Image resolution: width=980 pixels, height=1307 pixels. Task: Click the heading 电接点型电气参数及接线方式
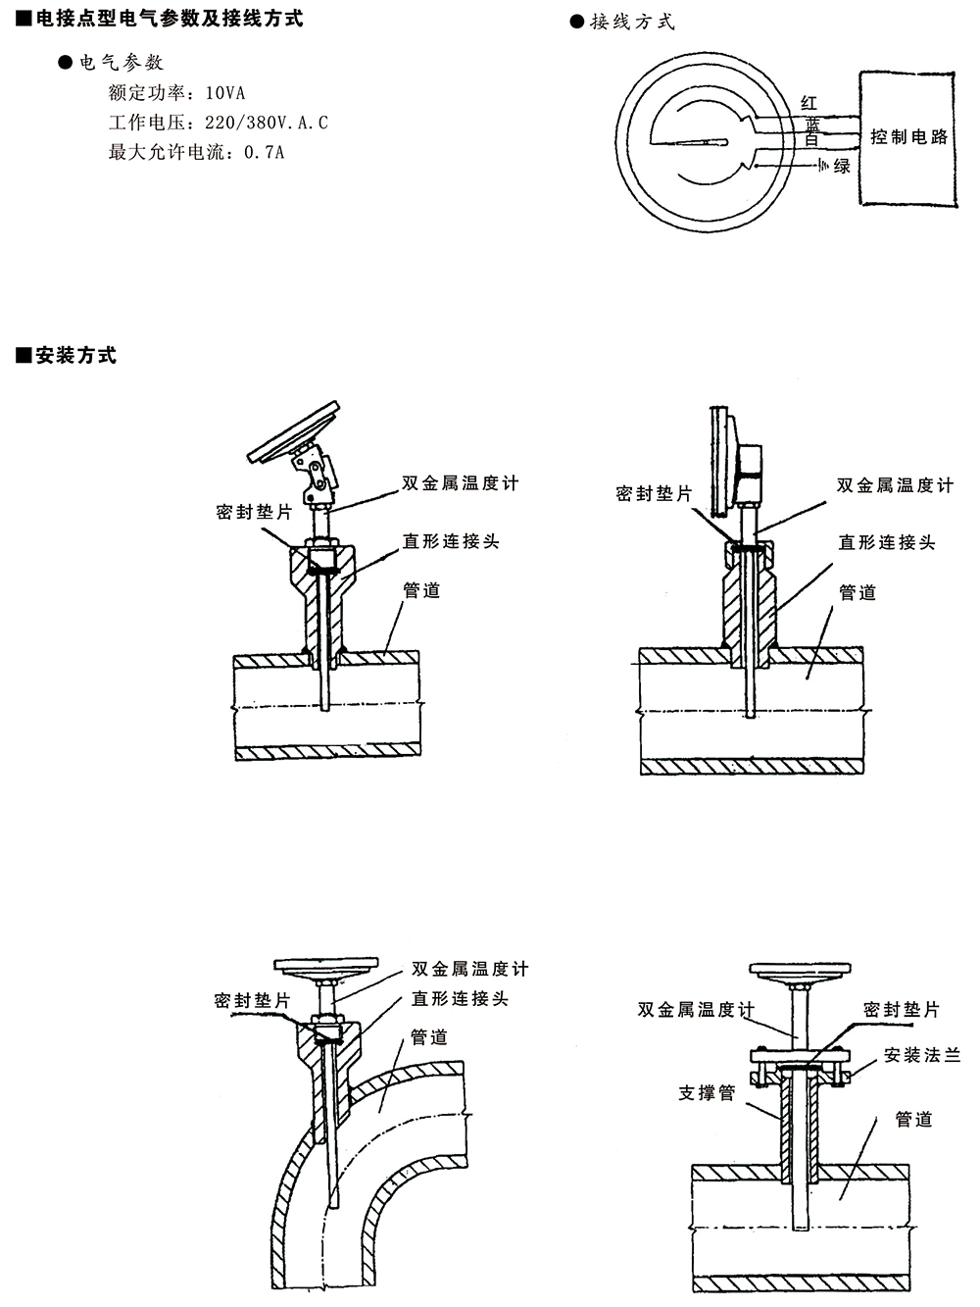pyautogui.click(x=168, y=18)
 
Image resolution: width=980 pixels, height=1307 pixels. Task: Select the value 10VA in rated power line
pyautogui.click(x=224, y=93)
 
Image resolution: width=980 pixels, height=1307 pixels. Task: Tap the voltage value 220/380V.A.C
pyautogui.click(x=266, y=123)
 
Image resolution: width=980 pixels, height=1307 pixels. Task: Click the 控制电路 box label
pyautogui.click(x=909, y=137)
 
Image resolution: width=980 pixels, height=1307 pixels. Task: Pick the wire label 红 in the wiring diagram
pyautogui.click(x=808, y=102)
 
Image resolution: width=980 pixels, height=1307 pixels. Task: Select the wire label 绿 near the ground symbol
pyautogui.click(x=842, y=167)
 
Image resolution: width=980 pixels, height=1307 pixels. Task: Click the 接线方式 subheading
pyautogui.click(x=631, y=22)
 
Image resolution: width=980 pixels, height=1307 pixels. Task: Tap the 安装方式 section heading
pyautogui.click(x=75, y=356)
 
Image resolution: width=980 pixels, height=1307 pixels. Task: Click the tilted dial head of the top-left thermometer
pyautogui.click(x=294, y=431)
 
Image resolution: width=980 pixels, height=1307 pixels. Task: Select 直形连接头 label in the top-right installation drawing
pyautogui.click(x=886, y=542)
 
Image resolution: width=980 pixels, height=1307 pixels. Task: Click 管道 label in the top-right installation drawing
pyautogui.click(x=857, y=592)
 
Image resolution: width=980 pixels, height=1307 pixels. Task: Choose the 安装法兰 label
pyautogui.click(x=921, y=1056)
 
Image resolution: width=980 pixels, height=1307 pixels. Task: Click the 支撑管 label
pyautogui.click(x=707, y=1092)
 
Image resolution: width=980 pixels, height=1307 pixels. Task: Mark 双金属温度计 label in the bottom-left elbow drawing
pyautogui.click(x=469, y=969)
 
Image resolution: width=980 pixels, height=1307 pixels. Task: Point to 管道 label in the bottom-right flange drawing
pyautogui.click(x=913, y=1119)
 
